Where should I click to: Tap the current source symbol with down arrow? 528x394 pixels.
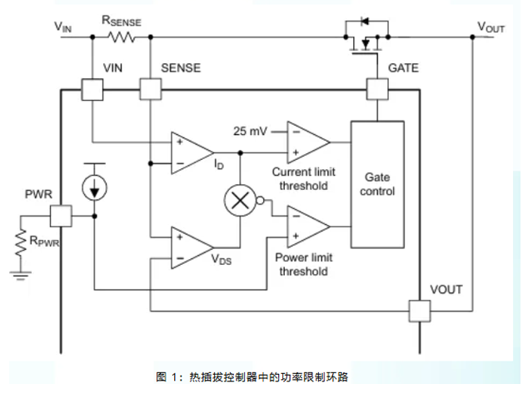pos(94,187)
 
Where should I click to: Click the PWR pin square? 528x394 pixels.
pos(62,216)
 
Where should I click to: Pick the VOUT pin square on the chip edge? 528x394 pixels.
pos(419,312)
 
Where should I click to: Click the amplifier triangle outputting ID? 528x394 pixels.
pos(190,152)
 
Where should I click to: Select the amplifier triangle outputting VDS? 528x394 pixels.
pos(190,247)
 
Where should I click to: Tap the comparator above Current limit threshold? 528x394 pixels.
pos(306,141)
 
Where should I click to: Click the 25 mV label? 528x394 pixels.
pos(249,131)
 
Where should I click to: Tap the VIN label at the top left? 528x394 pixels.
pos(63,27)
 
